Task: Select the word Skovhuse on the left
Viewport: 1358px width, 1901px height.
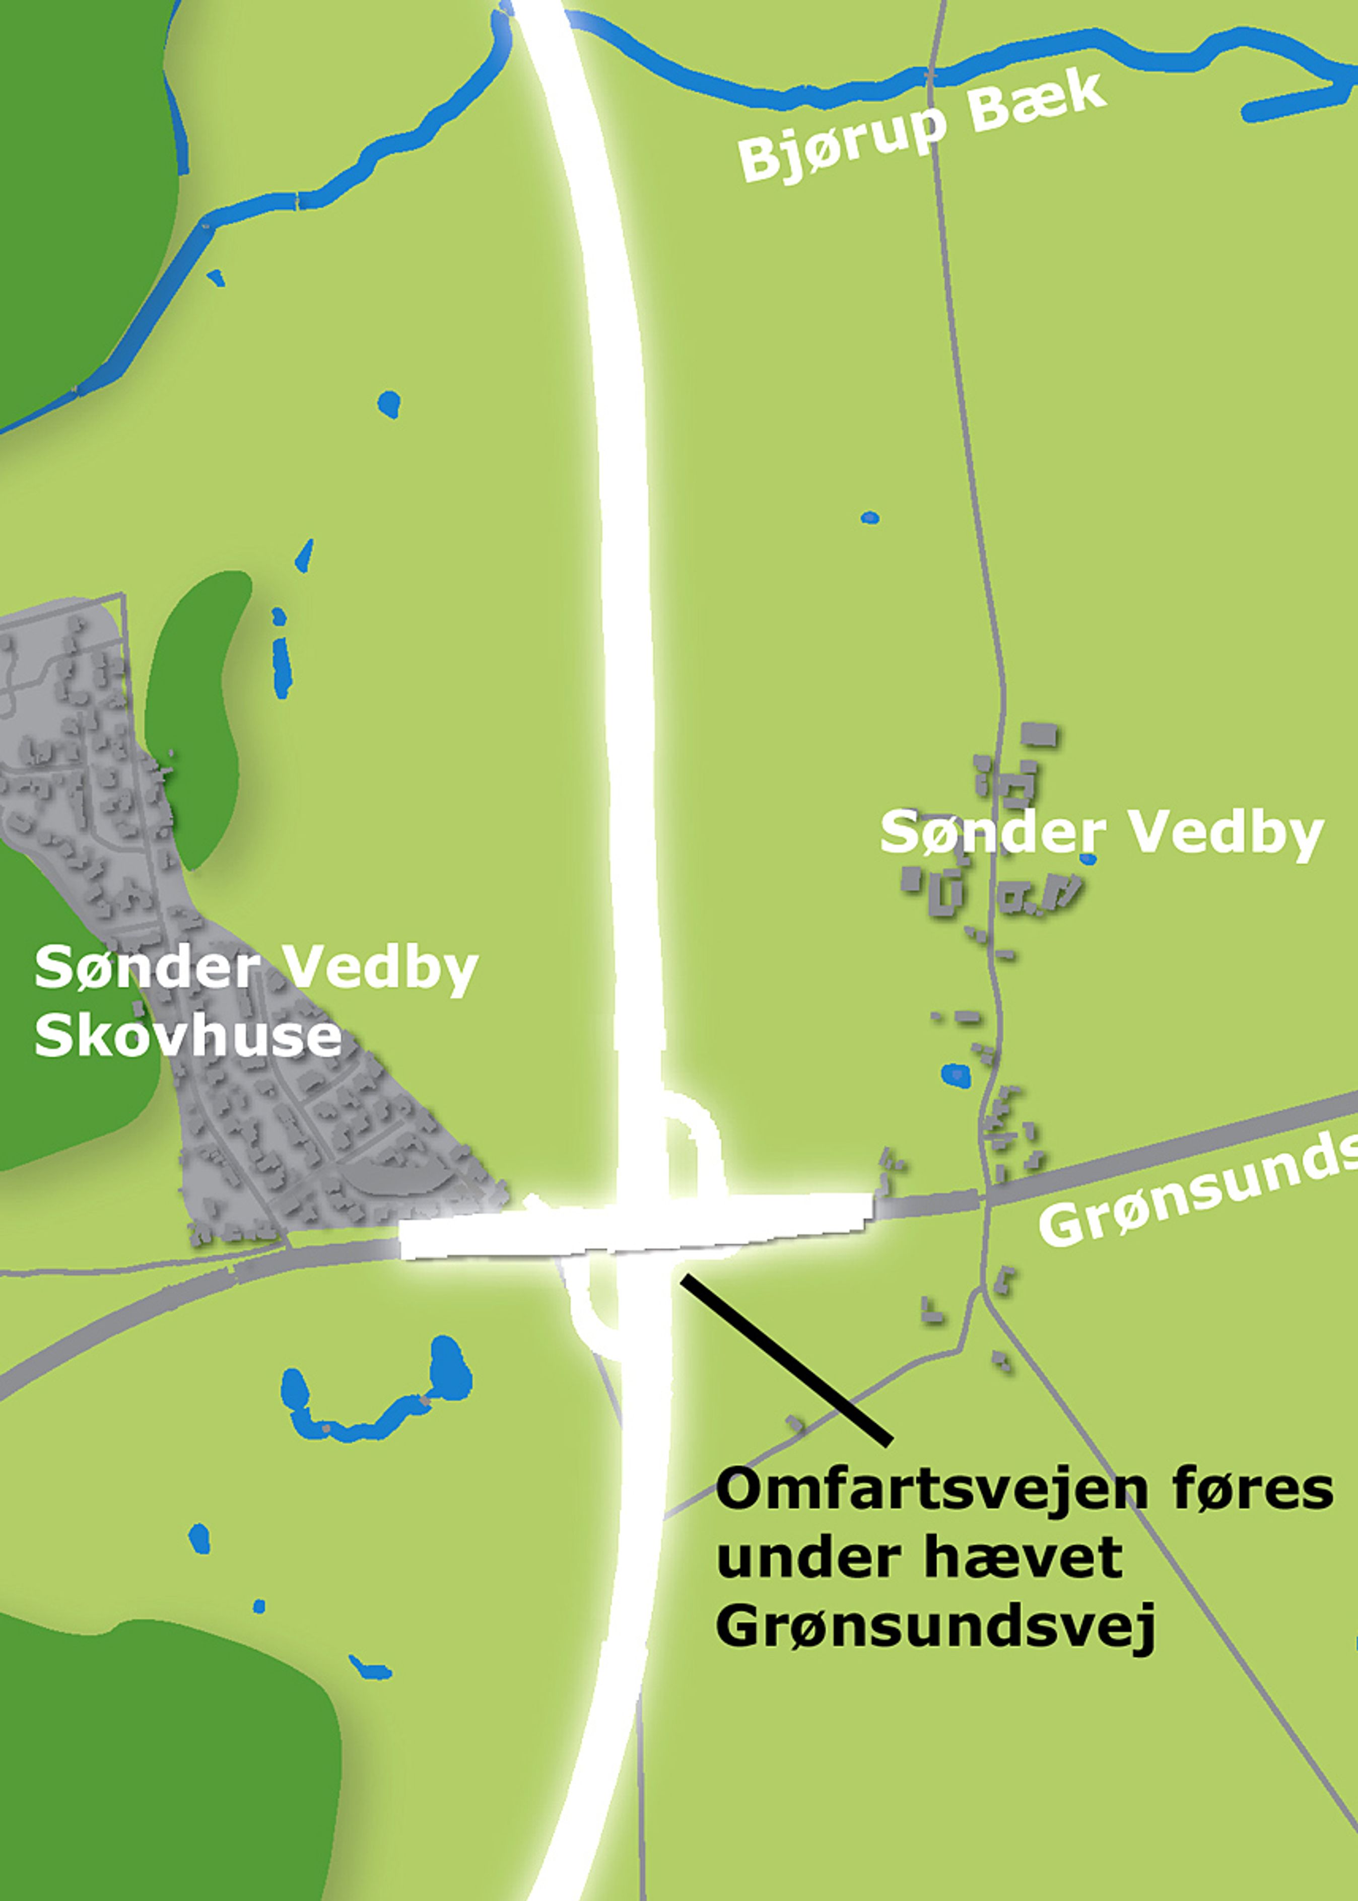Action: click(x=188, y=1036)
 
